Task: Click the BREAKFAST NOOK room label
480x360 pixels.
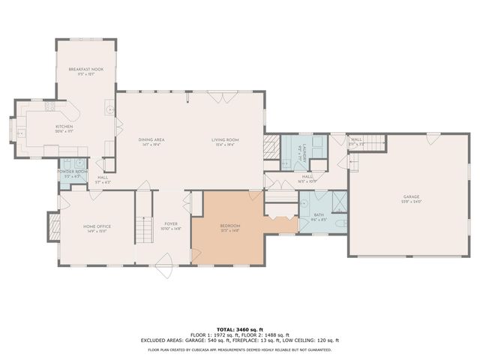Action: pos(85,69)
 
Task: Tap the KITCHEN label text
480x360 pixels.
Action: pos(64,127)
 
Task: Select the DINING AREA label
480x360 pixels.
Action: pos(151,139)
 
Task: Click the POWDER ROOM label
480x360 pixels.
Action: pos(72,172)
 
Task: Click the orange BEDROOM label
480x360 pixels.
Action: pos(230,226)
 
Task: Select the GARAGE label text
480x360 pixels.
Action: pos(412,197)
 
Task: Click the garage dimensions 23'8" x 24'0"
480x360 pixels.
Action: pos(412,202)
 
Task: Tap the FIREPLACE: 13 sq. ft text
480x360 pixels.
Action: pos(299,340)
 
